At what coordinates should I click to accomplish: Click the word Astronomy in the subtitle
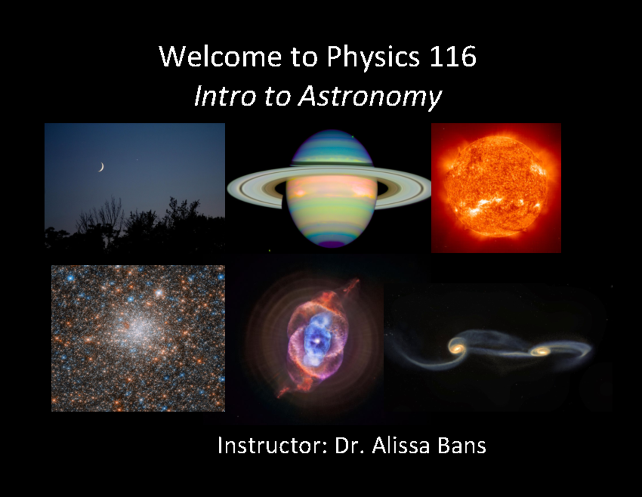(x=370, y=97)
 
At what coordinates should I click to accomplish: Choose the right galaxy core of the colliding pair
(x=541, y=351)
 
